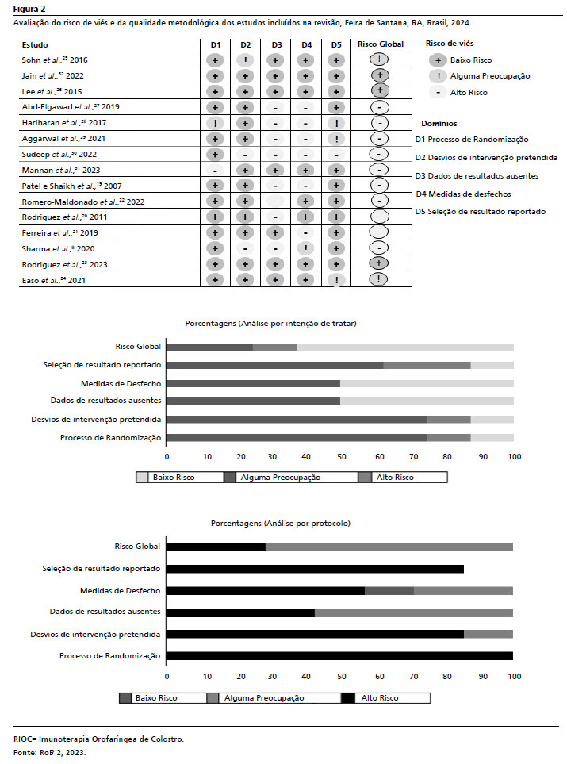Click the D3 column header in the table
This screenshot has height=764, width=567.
coord(275,44)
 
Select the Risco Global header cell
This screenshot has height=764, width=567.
coord(381,44)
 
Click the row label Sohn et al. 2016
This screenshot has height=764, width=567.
coord(55,60)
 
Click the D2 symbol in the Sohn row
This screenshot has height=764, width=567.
coord(246,60)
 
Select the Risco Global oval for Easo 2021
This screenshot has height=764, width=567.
coord(381,279)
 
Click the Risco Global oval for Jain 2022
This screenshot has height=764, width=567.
coord(381,75)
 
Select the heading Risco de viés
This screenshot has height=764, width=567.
coord(450,44)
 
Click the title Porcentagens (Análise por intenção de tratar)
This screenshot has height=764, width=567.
coord(270,324)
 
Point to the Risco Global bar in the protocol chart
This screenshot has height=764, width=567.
coord(339,547)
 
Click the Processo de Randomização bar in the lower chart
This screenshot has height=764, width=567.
coord(339,656)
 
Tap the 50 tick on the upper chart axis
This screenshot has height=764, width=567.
coord(340,457)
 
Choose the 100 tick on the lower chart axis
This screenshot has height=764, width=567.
coord(514,677)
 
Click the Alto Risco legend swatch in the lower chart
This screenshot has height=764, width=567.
coord(347,698)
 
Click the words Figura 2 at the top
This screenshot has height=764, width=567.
coord(29,9)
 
